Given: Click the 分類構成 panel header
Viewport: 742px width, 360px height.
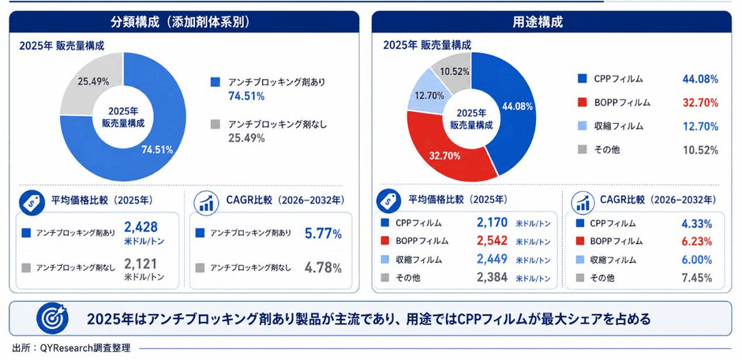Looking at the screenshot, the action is pyautogui.click(x=184, y=22).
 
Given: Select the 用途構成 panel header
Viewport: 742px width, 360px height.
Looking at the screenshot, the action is pyautogui.click(x=551, y=22).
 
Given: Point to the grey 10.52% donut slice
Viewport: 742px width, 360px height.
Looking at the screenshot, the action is pyautogui.click(x=453, y=68).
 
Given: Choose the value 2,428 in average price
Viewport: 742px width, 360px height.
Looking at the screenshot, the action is pyautogui.click(x=141, y=227).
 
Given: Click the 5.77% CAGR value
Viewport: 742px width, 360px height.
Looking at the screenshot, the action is pyautogui.click(x=323, y=233).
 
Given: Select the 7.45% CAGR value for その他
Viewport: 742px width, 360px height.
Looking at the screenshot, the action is pyautogui.click(x=698, y=278).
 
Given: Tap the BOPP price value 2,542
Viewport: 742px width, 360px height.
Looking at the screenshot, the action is pyautogui.click(x=492, y=241).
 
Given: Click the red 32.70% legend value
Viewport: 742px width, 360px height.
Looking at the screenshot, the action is pyautogui.click(x=700, y=103).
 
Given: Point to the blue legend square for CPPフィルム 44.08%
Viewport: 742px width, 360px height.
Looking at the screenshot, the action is pyautogui.click(x=582, y=79).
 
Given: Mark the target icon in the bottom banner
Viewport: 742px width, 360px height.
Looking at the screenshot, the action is pyautogui.click(x=52, y=318).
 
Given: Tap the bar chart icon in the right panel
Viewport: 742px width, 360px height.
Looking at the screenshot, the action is pyautogui.click(x=584, y=201).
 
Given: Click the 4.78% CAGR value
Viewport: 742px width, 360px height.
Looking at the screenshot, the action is pyautogui.click(x=323, y=268).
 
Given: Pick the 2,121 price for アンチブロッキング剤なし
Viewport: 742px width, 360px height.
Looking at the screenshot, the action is pyautogui.click(x=141, y=264).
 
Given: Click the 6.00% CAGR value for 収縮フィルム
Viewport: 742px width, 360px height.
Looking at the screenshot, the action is pyautogui.click(x=698, y=260).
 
